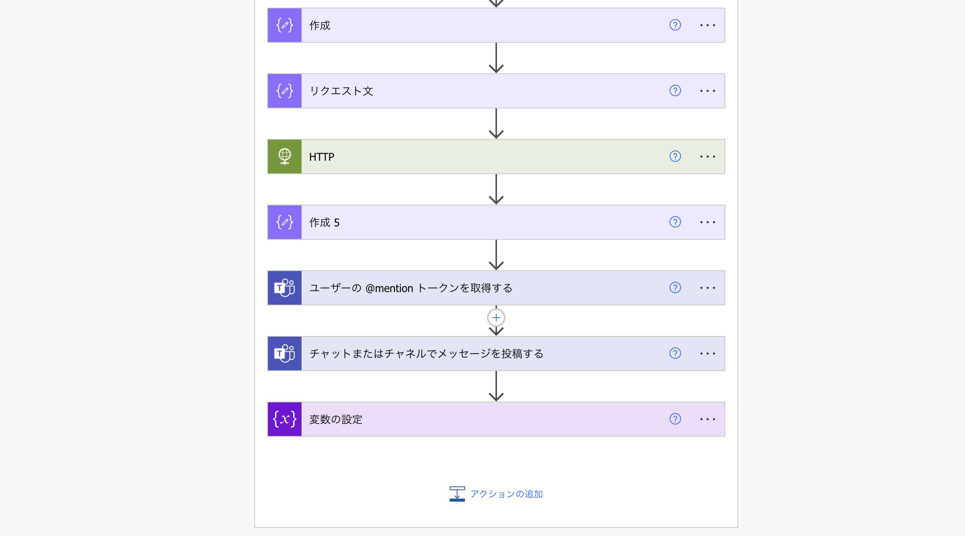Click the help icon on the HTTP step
[675, 157]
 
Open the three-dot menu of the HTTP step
[707, 157]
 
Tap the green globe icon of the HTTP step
[284, 157]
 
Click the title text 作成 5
[324, 222]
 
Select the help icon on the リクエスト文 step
[675, 91]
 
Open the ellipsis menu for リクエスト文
[707, 91]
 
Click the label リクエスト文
[341, 91]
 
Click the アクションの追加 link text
[506, 494]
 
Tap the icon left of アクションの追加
[457, 494]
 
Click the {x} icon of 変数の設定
[284, 419]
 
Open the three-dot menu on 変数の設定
[707, 419]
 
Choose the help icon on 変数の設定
[675, 419]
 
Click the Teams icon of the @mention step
[284, 288]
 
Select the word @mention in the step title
[389, 288]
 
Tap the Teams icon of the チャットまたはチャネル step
[284, 354]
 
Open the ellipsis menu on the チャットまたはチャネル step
[707, 354]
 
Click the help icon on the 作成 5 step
[675, 222]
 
